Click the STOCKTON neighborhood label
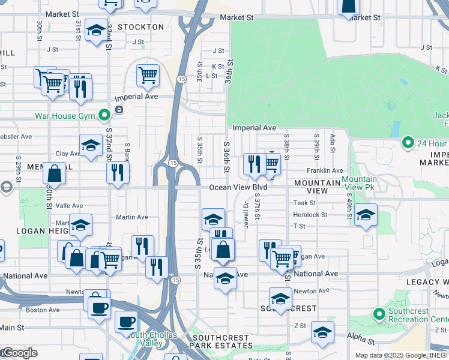[140, 27]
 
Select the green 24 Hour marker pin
[408, 143]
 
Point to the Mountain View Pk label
[359, 184]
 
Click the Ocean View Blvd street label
[238, 188]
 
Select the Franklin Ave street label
[325, 171]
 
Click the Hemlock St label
[310, 215]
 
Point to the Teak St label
[304, 203]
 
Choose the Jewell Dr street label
[246, 212]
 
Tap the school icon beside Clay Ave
[91, 145]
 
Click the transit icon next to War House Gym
[119, 110]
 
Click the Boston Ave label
[42, 310]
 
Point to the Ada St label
[332, 142]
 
